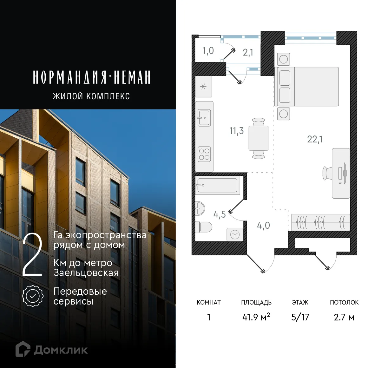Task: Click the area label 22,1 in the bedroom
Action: tap(315, 139)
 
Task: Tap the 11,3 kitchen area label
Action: tap(236, 131)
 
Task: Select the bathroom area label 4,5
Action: tap(220, 214)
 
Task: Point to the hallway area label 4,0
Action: tap(263, 226)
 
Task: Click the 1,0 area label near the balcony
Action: tap(208, 51)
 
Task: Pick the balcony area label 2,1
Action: tap(248, 52)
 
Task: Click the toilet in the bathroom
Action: tap(203, 227)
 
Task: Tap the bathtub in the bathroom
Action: tap(217, 185)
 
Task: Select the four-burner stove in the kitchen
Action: tap(204, 154)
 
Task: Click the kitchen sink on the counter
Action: tap(204, 118)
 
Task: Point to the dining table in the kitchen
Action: tap(259, 138)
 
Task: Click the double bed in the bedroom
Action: tap(307, 86)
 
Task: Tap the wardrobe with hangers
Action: tap(320, 222)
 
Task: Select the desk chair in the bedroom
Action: tap(327, 173)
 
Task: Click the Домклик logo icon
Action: tap(23, 349)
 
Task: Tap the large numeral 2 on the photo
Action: tap(32, 255)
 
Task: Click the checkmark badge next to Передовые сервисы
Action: tap(33, 296)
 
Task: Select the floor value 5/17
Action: tap(300, 317)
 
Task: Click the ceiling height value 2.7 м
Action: tap(344, 317)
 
